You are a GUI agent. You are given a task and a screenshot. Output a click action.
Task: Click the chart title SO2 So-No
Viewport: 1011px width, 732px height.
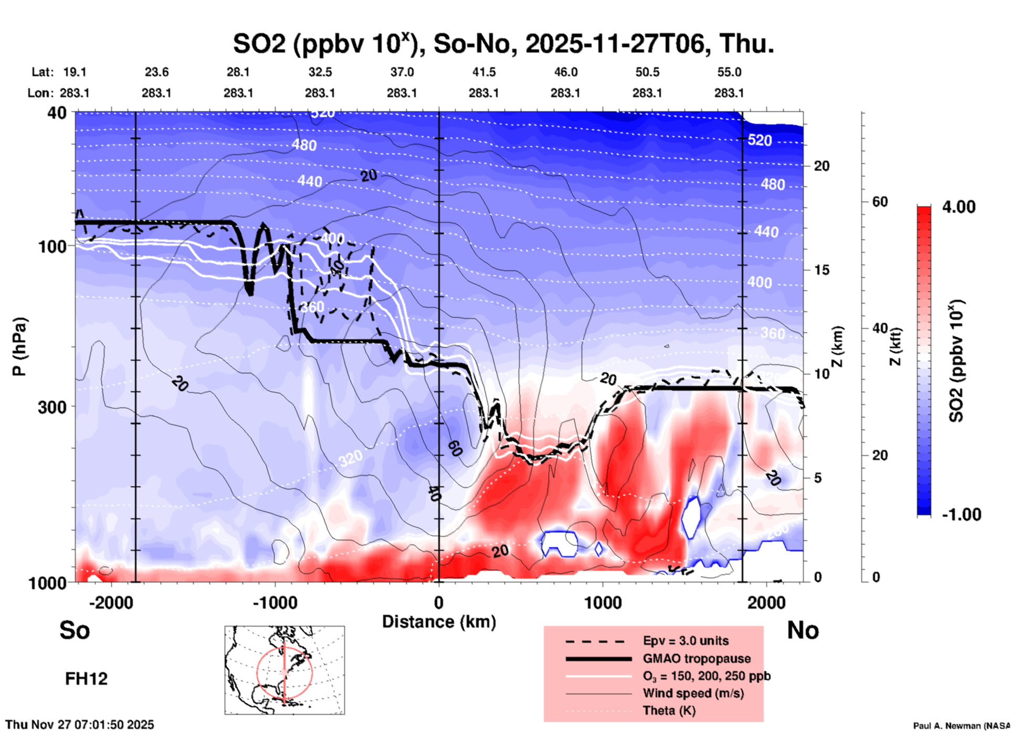coord(503,44)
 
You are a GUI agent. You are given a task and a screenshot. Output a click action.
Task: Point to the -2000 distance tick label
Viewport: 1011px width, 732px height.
coord(111,603)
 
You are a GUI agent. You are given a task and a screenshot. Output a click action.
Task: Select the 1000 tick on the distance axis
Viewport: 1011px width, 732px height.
coord(602,603)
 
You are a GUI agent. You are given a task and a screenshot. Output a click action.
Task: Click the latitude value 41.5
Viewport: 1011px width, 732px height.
coord(483,72)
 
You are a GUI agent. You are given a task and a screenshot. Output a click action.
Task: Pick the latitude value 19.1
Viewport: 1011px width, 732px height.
coord(75,72)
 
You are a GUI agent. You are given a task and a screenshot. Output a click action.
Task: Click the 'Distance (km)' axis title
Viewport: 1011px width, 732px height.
coord(439,622)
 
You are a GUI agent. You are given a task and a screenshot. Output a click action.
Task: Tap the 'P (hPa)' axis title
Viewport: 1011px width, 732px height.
coord(19,347)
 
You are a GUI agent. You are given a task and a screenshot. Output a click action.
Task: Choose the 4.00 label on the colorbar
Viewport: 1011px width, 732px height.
coord(959,207)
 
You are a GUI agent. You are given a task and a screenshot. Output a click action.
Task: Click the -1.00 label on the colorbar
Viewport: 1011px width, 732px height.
coord(961,515)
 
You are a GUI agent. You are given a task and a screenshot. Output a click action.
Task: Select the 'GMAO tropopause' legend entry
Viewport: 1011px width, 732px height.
coord(697,658)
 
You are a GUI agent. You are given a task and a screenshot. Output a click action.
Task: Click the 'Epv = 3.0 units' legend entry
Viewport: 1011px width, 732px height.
coord(686,641)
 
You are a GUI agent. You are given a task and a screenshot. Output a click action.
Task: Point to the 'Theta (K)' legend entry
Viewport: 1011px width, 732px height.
coord(669,710)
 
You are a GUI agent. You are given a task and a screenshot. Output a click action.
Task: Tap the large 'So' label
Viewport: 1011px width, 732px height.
coord(75,630)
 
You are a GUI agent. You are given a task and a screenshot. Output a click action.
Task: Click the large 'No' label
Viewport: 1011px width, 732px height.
coord(803,630)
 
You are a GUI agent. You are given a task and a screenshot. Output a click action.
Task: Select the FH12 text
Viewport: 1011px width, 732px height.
coord(86,679)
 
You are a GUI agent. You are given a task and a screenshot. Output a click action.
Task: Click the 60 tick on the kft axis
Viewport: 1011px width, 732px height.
coord(880,202)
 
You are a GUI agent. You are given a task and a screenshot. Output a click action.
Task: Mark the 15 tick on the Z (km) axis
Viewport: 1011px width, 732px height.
coord(822,270)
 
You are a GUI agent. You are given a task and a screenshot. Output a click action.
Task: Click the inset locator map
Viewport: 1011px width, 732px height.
coord(285,670)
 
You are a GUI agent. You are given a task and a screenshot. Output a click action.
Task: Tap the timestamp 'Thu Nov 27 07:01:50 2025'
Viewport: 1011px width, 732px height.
coord(80,725)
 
